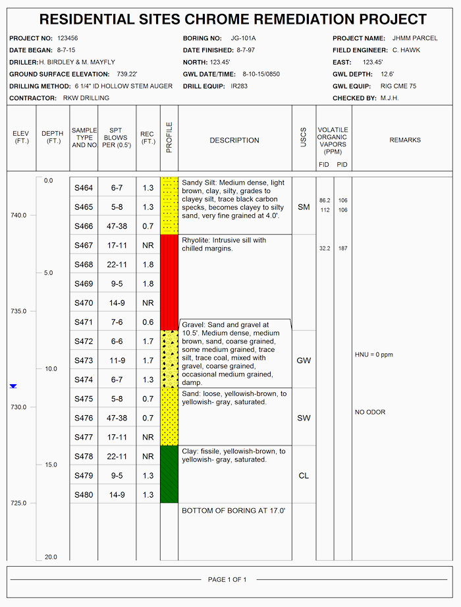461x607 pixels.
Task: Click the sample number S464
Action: (x=84, y=188)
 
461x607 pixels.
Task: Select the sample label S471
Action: (x=84, y=322)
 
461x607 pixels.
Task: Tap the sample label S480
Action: (x=84, y=495)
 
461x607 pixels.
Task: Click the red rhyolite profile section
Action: (x=169, y=282)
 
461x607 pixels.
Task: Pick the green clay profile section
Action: (x=169, y=474)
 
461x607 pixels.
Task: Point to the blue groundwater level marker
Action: (x=13, y=386)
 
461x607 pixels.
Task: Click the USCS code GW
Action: (x=304, y=361)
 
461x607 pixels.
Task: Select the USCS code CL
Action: (x=304, y=476)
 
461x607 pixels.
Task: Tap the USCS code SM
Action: (x=304, y=207)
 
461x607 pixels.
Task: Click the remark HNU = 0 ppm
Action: (x=373, y=355)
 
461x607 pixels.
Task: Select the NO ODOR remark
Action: (x=370, y=413)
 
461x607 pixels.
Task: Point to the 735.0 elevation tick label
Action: (x=19, y=311)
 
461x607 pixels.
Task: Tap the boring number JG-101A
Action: (x=244, y=38)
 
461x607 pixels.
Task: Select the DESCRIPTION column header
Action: (x=234, y=140)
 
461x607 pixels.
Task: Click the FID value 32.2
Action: (x=325, y=248)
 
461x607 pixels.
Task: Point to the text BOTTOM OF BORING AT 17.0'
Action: (x=233, y=511)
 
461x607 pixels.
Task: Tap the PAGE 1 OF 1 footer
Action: (x=227, y=580)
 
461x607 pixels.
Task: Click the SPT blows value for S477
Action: (x=117, y=437)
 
